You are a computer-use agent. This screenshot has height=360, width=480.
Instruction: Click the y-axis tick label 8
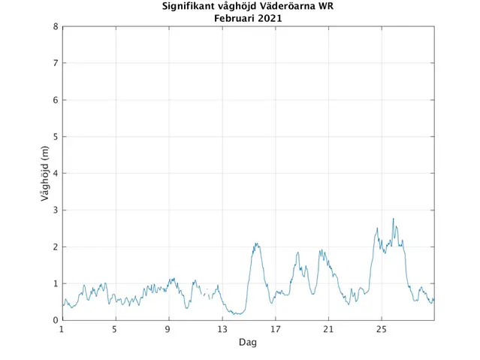(x=56, y=26)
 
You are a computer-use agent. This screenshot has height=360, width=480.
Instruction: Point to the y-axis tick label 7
(x=56, y=63)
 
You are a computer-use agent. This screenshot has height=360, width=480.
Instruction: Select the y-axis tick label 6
(x=56, y=100)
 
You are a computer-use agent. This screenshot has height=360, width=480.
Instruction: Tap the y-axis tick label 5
(x=56, y=137)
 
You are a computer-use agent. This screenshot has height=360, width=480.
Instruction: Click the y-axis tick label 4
(x=56, y=174)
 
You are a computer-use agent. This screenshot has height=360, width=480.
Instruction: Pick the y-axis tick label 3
(x=56, y=210)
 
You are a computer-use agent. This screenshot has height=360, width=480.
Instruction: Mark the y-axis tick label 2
(x=56, y=247)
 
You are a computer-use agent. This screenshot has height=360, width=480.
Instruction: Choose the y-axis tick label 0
(x=56, y=320)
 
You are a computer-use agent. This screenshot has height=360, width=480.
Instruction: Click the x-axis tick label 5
(x=115, y=329)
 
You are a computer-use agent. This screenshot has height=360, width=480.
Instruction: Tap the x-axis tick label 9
(x=168, y=329)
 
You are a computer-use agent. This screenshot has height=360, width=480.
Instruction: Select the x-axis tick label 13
(x=222, y=329)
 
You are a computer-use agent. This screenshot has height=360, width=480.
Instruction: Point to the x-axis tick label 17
(x=275, y=329)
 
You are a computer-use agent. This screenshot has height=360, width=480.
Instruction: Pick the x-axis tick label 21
(x=328, y=329)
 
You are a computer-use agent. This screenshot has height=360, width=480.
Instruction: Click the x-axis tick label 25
(x=382, y=329)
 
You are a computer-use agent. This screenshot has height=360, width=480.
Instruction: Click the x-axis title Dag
(x=248, y=342)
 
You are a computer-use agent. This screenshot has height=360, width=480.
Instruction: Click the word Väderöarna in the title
(x=288, y=7)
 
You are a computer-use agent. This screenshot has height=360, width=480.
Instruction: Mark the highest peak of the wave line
(x=393, y=219)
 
